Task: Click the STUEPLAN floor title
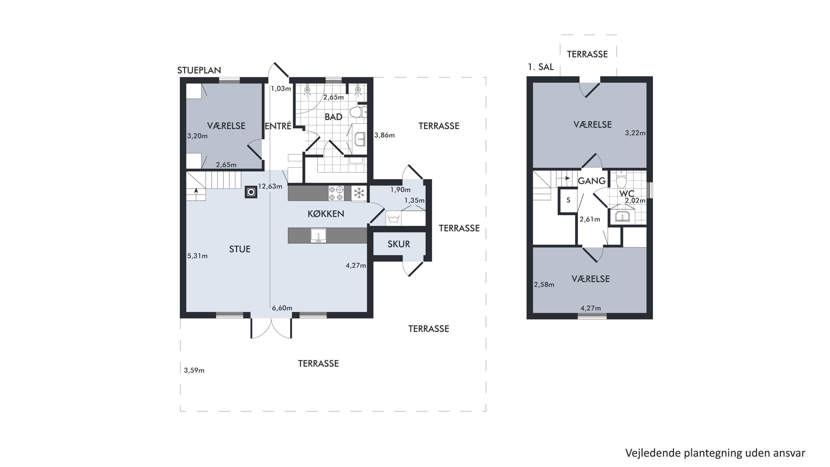coord(199,70)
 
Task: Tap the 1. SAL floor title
coord(541,67)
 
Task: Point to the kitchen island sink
coord(318,235)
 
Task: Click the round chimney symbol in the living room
coord(251,192)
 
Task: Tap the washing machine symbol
coord(393,218)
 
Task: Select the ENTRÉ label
coord(278,126)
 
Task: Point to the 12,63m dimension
coord(270,186)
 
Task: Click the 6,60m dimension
coord(282,308)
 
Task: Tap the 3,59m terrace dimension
coord(194,370)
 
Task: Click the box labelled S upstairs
coord(568,200)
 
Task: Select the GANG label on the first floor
coord(592,181)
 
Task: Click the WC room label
coord(627,194)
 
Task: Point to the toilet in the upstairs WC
coord(621,179)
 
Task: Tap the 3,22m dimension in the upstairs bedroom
coord(635,133)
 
